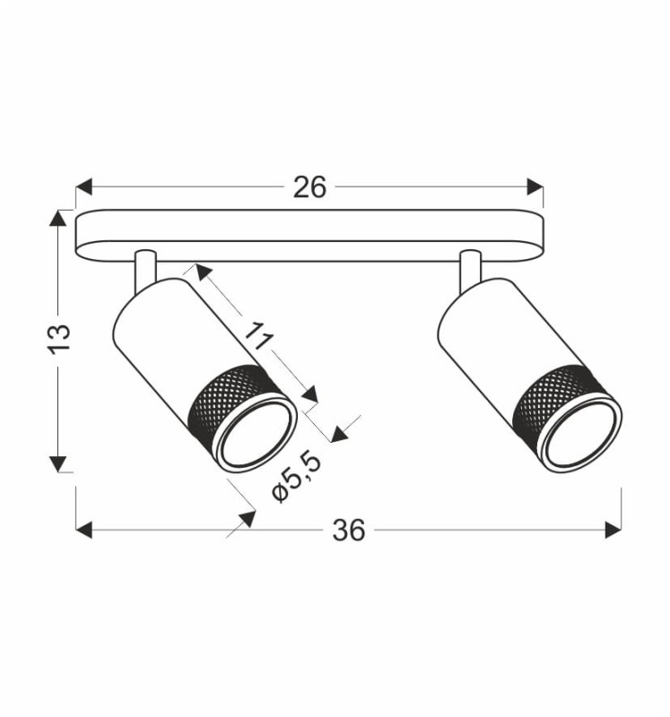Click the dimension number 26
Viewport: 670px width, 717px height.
tap(309, 187)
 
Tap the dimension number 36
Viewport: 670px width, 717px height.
tap(349, 531)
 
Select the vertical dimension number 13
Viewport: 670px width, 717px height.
tap(59, 339)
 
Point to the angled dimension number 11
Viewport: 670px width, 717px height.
tap(258, 336)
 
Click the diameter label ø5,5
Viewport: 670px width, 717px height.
tap(296, 477)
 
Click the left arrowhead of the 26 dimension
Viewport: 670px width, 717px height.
tap(83, 187)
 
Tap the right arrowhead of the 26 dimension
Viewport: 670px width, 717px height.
tap(535, 187)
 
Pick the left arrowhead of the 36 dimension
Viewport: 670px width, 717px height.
tap(83, 530)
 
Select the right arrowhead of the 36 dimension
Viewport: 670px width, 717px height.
tap(613, 530)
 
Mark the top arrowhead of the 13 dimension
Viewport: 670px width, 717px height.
tap(57, 218)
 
